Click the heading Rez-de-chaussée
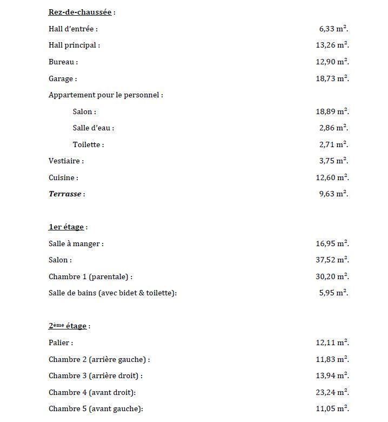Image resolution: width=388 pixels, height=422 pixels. [81, 12]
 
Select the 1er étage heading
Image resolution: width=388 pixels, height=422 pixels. [66, 227]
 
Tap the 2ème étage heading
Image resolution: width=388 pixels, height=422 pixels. [68, 326]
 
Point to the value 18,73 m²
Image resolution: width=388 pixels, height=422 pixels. [332, 78]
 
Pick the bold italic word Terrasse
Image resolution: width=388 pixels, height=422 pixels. [65, 194]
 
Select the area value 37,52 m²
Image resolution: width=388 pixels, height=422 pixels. [332, 260]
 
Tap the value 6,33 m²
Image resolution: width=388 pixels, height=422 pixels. [333, 29]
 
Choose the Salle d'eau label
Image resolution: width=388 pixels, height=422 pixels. [93, 128]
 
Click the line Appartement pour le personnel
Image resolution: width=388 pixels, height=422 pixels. [105, 95]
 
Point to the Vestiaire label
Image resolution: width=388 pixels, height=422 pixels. [66, 161]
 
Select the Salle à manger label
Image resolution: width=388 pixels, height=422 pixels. [76, 243]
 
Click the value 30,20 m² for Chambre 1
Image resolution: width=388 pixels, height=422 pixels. [332, 276]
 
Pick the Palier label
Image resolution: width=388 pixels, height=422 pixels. [61, 342]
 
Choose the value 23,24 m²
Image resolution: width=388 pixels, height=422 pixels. [332, 392]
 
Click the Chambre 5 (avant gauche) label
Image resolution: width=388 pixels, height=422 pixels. [96, 408]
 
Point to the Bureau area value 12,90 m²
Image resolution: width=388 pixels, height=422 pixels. [332, 62]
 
